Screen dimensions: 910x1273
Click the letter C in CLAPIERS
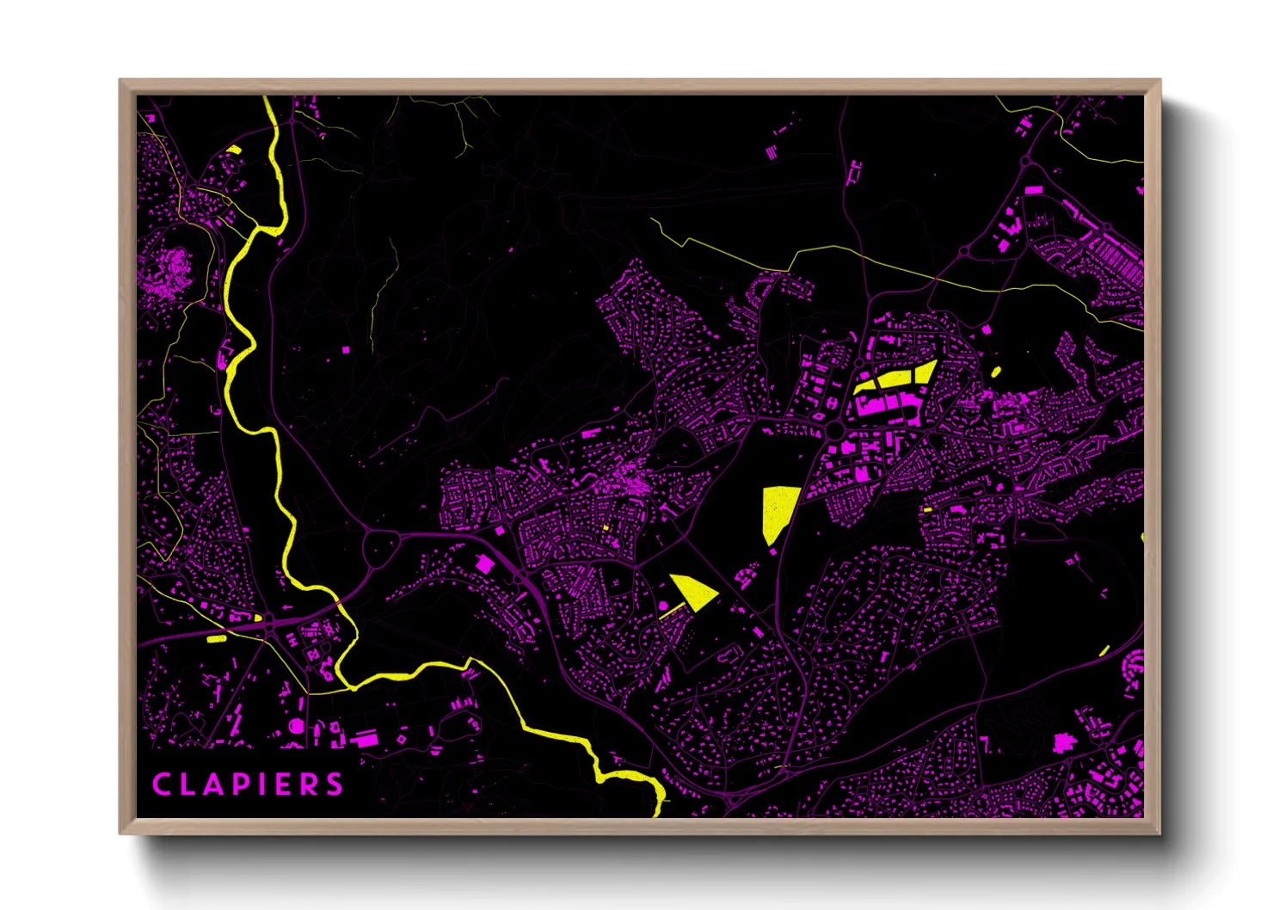tap(160, 784)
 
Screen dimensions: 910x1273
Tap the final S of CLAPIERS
tap(335, 784)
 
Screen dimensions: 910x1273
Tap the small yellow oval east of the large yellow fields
tap(996, 372)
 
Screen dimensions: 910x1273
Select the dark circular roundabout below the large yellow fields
tap(834, 428)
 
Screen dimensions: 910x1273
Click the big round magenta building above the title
tap(297, 726)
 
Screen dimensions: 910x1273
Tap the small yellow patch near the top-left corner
tap(234, 151)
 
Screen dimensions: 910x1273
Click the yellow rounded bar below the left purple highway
tap(216, 639)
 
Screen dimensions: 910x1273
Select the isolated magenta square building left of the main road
tap(485, 564)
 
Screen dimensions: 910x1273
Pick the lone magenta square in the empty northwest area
tap(347, 350)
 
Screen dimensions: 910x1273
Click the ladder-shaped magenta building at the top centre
tap(854, 172)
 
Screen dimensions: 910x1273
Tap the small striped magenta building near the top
tap(771, 152)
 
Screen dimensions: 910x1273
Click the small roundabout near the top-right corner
tap(1025, 162)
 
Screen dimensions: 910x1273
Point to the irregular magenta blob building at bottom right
tap(1064, 742)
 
